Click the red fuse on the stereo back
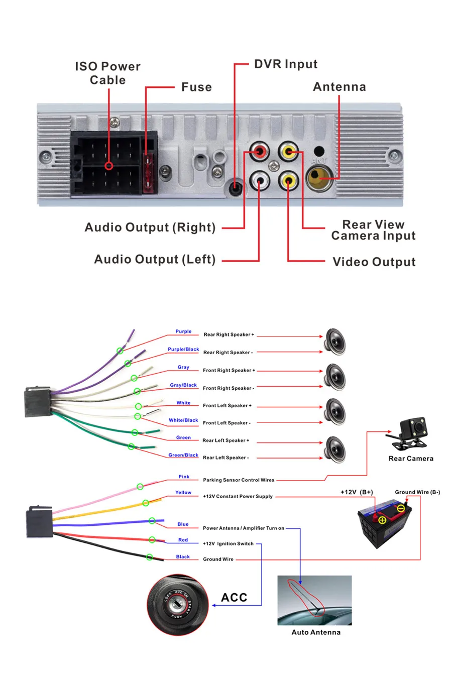click(148, 173)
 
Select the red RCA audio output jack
click(259, 151)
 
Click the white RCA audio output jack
click(259, 181)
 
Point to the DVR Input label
click(285, 64)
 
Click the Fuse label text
click(196, 87)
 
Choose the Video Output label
click(374, 262)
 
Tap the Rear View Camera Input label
click(373, 230)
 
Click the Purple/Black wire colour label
click(183, 349)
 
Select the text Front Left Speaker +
click(227, 406)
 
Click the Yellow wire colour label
click(183, 493)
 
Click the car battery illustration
click(385, 523)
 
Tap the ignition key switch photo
click(178, 605)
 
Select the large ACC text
click(234, 598)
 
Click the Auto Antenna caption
click(316, 632)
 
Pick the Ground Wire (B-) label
click(417, 492)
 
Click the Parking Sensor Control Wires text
click(239, 480)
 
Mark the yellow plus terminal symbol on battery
click(382, 520)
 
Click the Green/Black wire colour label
click(183, 455)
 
